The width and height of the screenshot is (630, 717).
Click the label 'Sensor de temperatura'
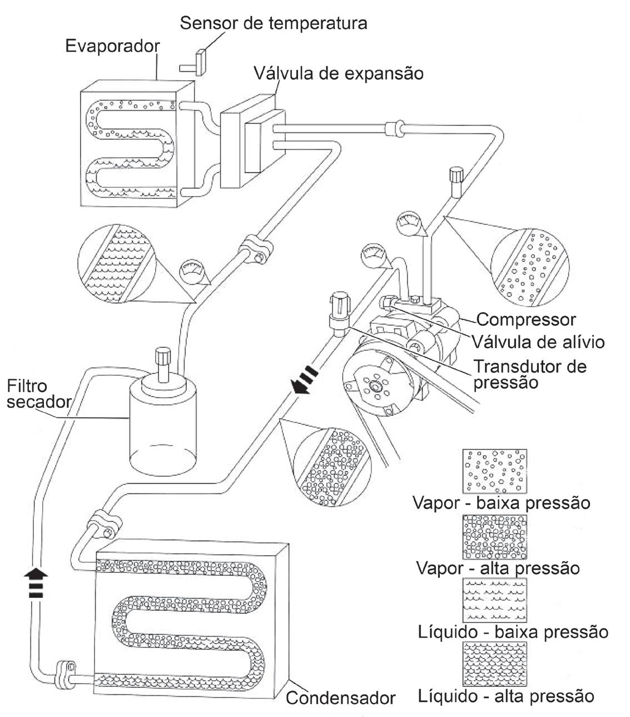274,23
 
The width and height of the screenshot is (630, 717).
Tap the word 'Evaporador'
112,46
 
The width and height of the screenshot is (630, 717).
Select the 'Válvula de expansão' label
339,73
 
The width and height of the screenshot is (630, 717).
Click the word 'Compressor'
526,320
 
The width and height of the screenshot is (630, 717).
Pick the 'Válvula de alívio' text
538,340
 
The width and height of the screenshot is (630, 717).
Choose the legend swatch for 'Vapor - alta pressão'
494,536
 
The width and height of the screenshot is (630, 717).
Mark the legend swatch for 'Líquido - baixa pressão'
494,600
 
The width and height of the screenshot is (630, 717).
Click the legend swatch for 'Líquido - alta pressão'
494,663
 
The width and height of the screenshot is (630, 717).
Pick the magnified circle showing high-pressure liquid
118,264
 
